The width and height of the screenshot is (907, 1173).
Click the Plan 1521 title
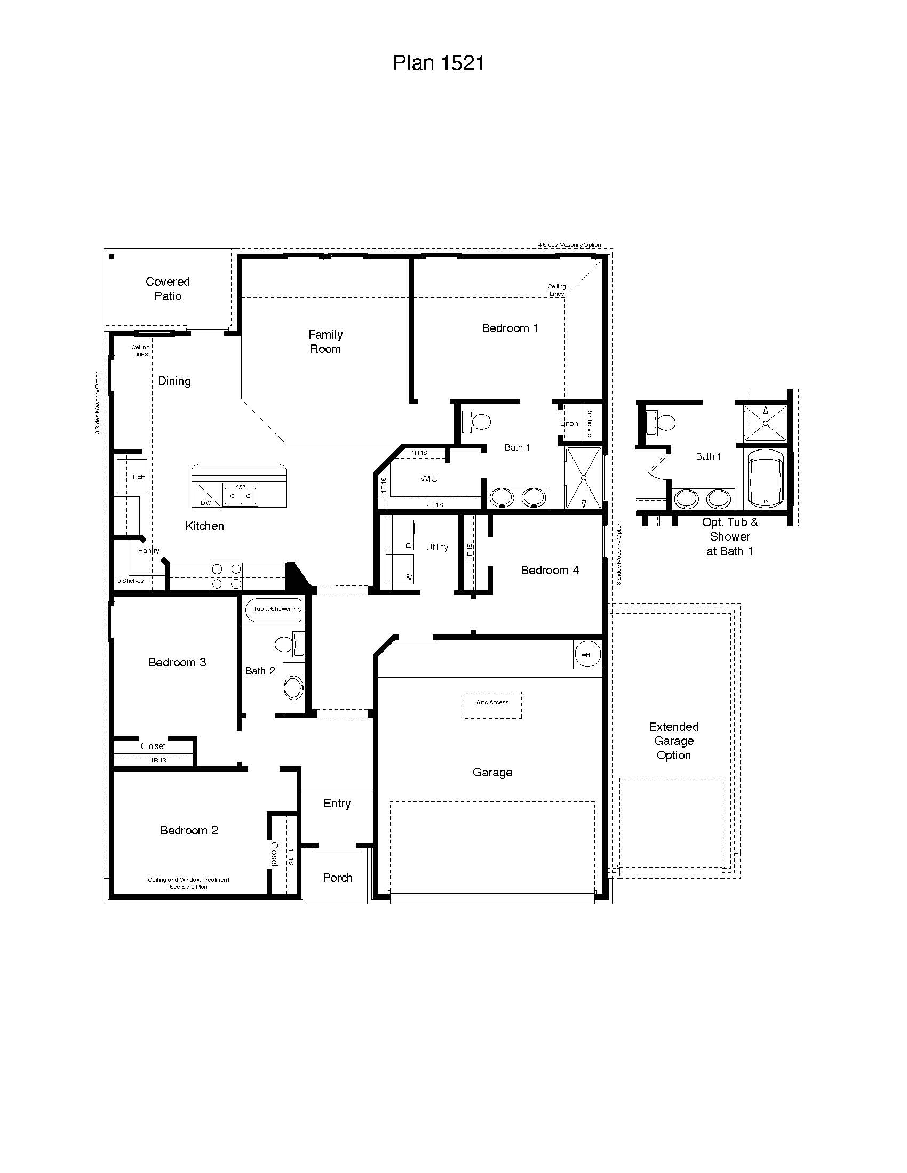(x=439, y=63)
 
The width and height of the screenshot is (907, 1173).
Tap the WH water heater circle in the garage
(x=586, y=654)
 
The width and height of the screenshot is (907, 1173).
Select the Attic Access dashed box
(x=492, y=705)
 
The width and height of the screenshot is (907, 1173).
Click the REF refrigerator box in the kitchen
(x=132, y=476)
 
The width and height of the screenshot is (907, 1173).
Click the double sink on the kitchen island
(x=240, y=494)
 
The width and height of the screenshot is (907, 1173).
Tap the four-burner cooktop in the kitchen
(x=226, y=576)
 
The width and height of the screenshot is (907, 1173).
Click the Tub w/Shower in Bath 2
(x=273, y=610)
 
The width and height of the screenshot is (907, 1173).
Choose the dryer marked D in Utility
(x=400, y=534)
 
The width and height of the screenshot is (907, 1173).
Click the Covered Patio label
(x=168, y=289)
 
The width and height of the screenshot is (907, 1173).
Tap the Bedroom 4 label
(x=549, y=571)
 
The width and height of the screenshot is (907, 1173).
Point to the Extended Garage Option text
(x=673, y=741)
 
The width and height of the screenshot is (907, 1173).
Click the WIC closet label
(x=429, y=479)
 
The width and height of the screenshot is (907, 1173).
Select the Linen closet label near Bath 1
(x=569, y=423)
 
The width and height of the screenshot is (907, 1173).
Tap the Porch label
(x=337, y=878)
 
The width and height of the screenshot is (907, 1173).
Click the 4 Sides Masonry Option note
(x=569, y=245)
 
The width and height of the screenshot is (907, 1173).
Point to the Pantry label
(x=148, y=551)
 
